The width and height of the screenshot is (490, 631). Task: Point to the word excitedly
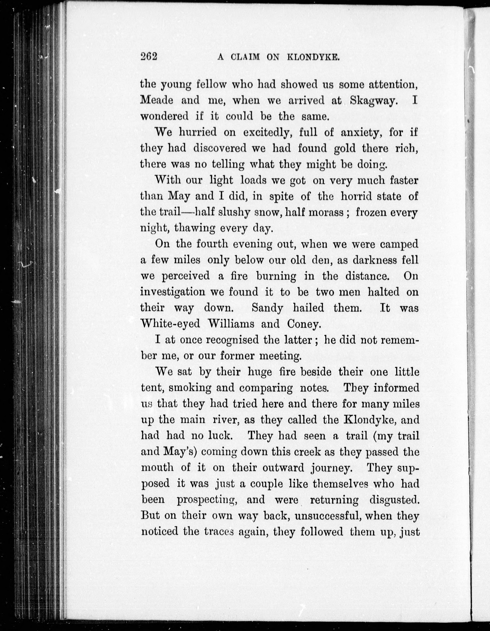tap(266, 132)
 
